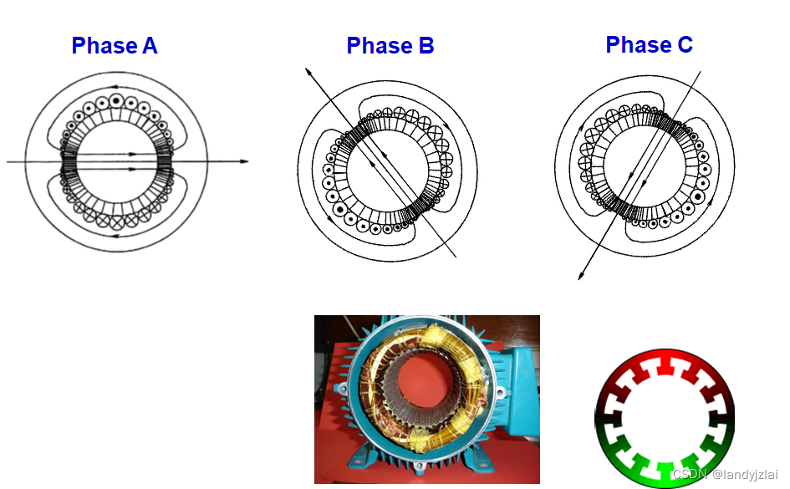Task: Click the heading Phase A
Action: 115,46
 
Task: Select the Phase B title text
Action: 390,46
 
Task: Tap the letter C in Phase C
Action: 684,44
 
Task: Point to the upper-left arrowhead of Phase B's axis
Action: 308,71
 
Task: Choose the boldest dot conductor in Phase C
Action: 697,196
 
